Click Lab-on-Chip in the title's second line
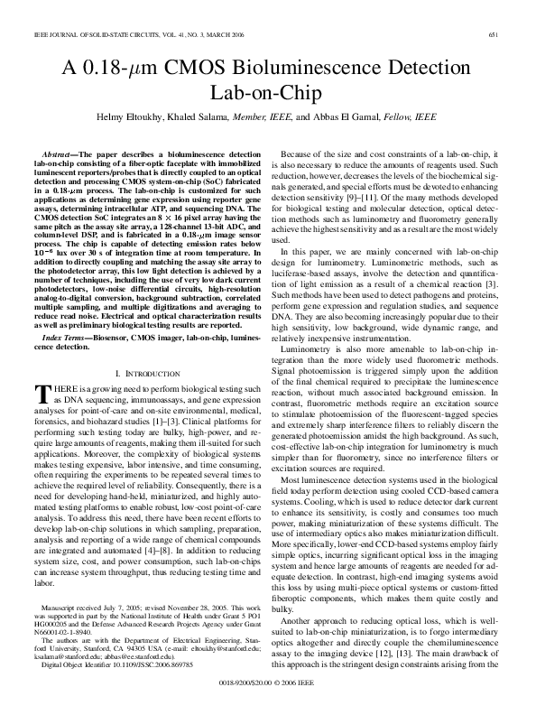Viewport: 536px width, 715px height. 268,92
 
